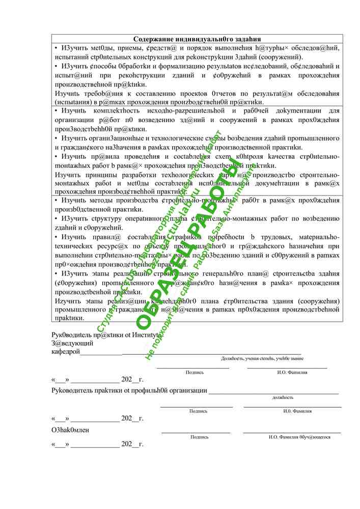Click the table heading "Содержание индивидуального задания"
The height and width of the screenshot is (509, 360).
point(197,39)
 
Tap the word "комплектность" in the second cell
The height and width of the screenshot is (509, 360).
point(105,110)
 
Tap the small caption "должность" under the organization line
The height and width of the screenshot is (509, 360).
point(283,398)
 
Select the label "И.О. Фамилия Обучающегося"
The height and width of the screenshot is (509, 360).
point(292,437)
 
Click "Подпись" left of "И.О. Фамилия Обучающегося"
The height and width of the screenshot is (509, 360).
point(199,437)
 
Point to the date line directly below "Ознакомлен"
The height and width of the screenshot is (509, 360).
point(97,444)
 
